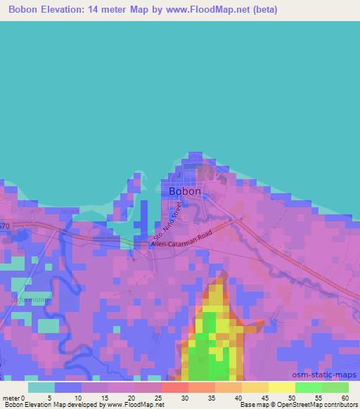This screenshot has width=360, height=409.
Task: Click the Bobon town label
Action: [x=185, y=190]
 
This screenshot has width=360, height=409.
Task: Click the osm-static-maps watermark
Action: [x=330, y=375]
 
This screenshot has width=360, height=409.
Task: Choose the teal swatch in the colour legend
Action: [x=41, y=387]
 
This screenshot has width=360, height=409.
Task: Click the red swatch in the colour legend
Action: [x=174, y=387]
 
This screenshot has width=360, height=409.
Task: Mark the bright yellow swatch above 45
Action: [x=281, y=387]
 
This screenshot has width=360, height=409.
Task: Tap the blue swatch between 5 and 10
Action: [x=68, y=387]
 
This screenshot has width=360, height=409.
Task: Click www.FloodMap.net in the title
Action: [x=216, y=10]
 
